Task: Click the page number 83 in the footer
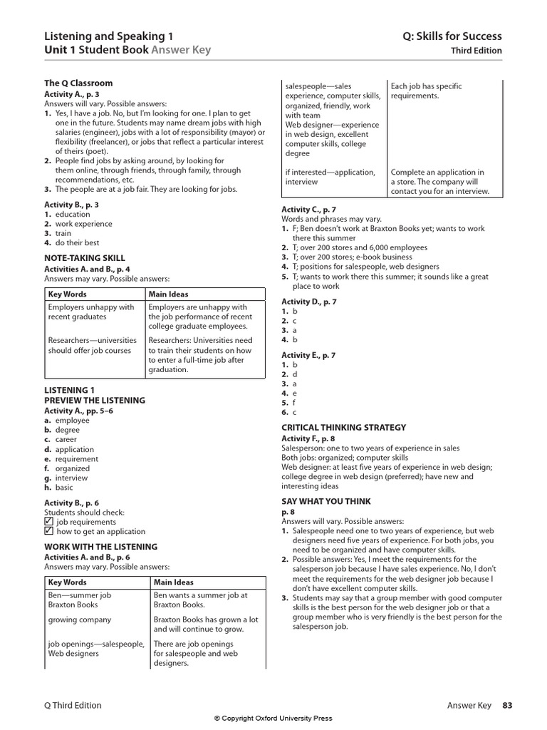[x=506, y=705]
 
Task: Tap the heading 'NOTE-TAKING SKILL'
[x=85, y=258]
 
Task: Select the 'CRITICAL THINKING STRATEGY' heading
[x=343, y=428]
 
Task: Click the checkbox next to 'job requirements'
[x=48, y=521]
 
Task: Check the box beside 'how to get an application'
[x=48, y=531]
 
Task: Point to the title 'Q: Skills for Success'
[x=456, y=36]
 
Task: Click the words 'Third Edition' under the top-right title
[x=476, y=51]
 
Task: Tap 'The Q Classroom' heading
[x=78, y=83]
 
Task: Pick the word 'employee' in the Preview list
[x=73, y=421]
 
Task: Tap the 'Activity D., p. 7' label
[x=308, y=302]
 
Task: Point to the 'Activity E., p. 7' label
[x=308, y=355]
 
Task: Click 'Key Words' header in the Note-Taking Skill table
[x=67, y=294]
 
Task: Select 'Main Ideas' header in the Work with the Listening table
[x=173, y=582]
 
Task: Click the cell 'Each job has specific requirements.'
[x=425, y=91]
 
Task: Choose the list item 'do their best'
[x=72, y=242]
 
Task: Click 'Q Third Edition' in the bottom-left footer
[x=73, y=705]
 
